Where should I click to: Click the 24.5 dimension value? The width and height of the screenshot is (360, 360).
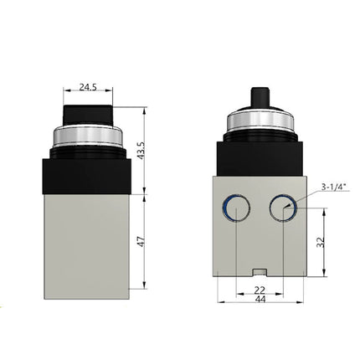point(90,85)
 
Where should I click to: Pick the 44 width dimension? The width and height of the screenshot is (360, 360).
point(260,299)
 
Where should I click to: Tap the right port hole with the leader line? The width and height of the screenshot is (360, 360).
point(284,208)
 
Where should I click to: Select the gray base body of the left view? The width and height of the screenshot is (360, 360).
point(90,243)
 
